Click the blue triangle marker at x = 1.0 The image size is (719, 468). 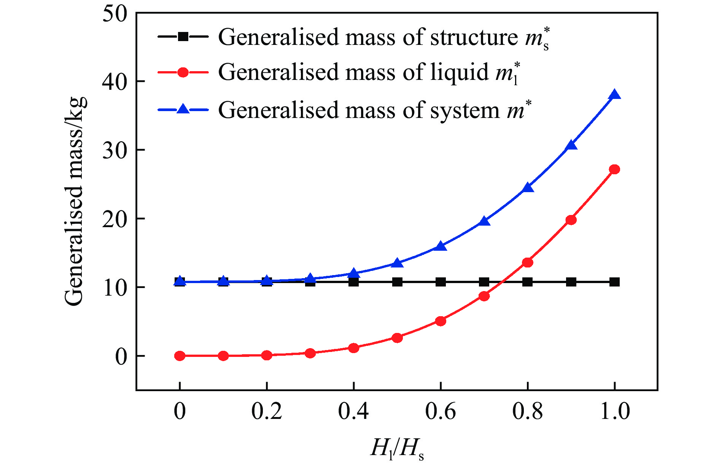pos(614,95)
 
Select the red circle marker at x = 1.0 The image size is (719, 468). pos(614,169)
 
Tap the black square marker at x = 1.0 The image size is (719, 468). pos(614,282)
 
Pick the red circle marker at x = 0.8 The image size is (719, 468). pos(528,262)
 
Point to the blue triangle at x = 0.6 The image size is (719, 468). pos(441,246)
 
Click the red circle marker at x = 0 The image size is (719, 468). pos(180,356)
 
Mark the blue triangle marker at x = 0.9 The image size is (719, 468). pos(571,146)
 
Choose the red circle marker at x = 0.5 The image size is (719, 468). pos(397,337)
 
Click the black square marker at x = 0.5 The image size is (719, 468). pos(397,282)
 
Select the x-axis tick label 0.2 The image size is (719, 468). pos(267,411)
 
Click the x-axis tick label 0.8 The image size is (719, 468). pos(528,411)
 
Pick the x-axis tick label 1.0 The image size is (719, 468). pos(614,411)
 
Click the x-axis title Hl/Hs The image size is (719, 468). pos(397,448)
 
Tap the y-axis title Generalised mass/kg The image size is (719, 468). pos(75,202)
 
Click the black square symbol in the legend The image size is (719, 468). pos(183,37)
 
